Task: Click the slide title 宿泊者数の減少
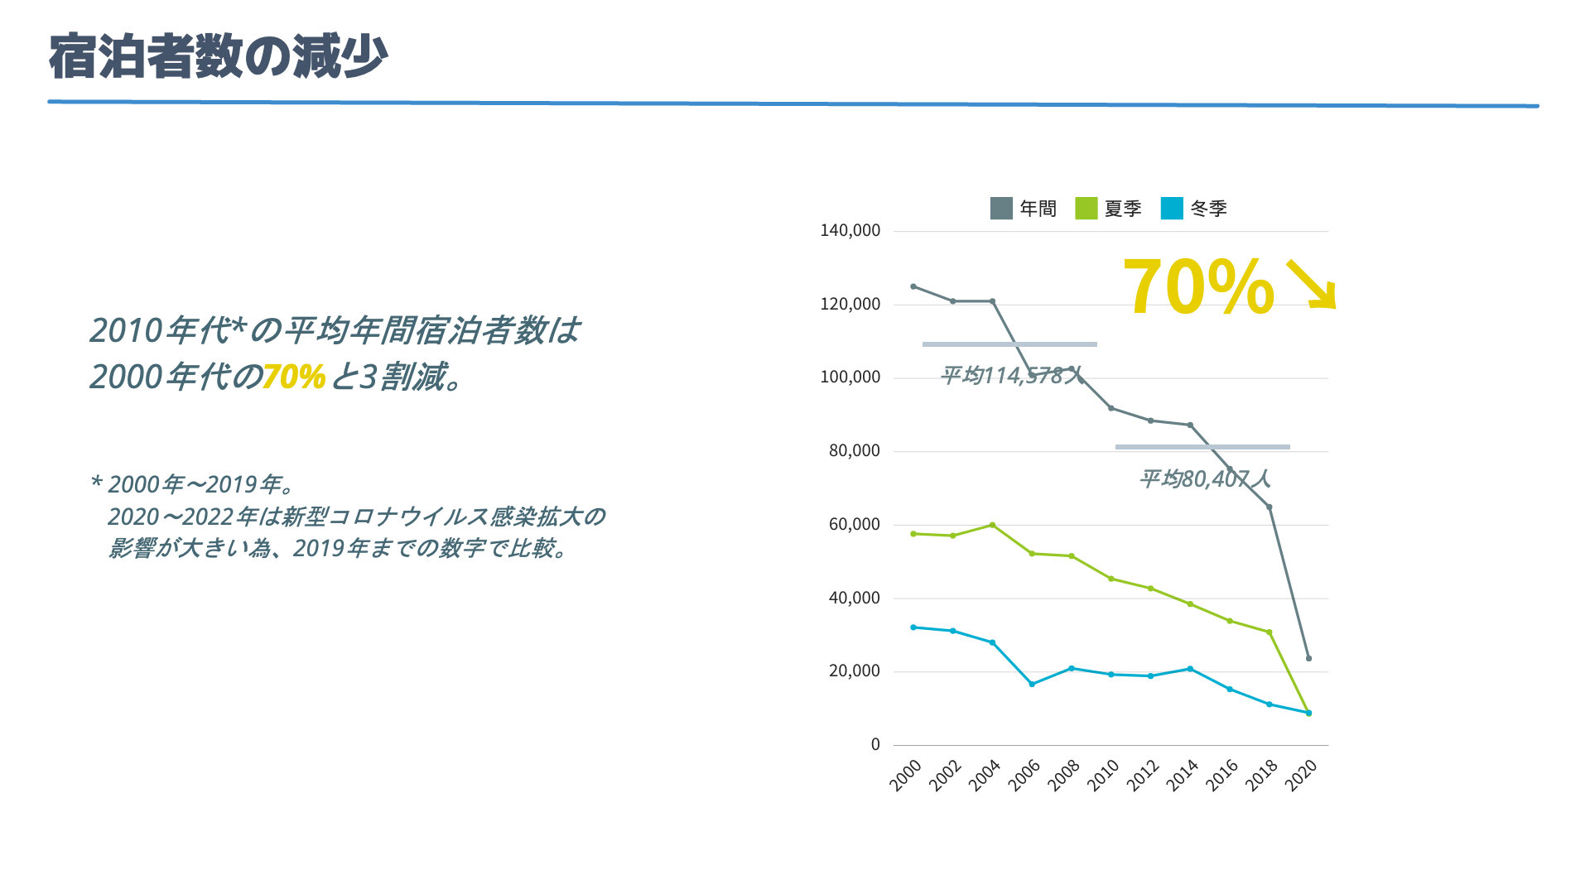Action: pos(218,56)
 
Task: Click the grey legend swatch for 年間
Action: pos(1001,209)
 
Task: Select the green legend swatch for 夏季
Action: pos(1086,209)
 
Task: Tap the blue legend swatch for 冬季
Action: pos(1172,209)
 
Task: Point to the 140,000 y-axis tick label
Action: pos(850,231)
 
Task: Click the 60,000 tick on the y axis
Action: pos(854,525)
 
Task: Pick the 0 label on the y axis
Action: pos(875,745)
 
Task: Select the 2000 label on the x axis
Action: pos(905,776)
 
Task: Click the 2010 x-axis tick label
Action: pos(1102,776)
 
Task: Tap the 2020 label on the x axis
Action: pos(1301,776)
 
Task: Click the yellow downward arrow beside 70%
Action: pos(1311,285)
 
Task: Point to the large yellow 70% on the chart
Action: pos(1197,287)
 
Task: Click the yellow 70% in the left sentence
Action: pos(294,377)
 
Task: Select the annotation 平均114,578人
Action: pos(1011,376)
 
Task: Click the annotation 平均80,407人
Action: pos(1204,478)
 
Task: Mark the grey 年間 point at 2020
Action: pos(1308,659)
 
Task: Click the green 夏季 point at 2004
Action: pos(992,525)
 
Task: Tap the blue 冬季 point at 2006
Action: pos(1032,685)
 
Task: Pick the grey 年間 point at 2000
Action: pos(913,286)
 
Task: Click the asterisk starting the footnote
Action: pos(96,482)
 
